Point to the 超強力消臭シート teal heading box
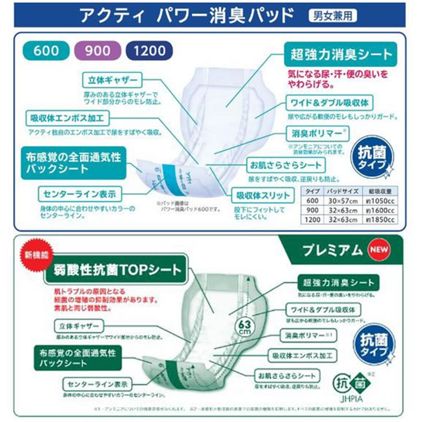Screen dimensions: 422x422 pos(339,54)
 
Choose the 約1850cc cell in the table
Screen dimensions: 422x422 pos(380,219)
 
